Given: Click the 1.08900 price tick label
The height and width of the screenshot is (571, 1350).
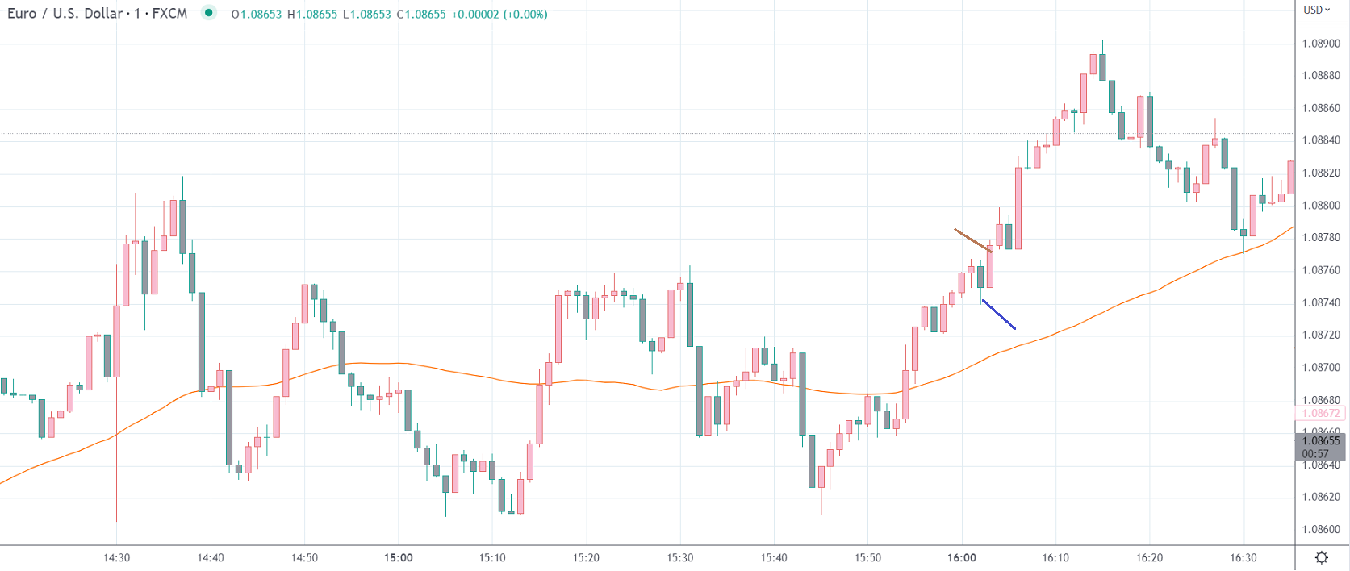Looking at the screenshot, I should pos(1321,44).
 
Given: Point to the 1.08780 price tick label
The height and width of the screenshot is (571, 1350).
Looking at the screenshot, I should pos(1321,238).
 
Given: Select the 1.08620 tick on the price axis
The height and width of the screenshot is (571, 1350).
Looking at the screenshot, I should pos(1321,497).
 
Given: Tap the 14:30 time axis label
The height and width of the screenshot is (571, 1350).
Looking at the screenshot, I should pos(117,558).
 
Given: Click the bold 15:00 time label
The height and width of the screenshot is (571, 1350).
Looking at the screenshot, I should pos(399,558).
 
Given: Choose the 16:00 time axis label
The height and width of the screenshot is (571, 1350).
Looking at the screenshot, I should pos(962,558).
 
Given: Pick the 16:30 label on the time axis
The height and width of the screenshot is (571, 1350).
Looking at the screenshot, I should pos(1243,558).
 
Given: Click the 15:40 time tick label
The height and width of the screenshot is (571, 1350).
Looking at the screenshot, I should pos(774,558).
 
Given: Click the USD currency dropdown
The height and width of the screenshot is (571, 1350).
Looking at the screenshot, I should pos(1317,10).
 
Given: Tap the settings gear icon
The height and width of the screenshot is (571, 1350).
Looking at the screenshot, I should pos(1322,557).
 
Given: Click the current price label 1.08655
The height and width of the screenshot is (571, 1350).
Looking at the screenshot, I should pos(1321,441).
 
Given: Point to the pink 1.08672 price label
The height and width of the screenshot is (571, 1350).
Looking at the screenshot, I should pos(1321,414).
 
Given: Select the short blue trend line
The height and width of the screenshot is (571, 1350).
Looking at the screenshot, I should pos(999,315).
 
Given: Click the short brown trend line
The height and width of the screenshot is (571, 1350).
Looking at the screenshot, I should pos(972,240).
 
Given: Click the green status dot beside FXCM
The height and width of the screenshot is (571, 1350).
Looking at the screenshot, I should pos(209,13).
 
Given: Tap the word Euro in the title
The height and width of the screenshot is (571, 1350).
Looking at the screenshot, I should pos(22,14).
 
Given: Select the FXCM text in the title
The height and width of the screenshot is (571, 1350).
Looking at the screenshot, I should pos(169,14).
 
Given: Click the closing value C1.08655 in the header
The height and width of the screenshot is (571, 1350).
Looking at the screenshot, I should pos(421,15).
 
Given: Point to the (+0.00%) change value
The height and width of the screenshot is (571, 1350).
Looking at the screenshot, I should pos(525,15).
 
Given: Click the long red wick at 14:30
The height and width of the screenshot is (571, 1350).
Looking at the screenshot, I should pos(117,468).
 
